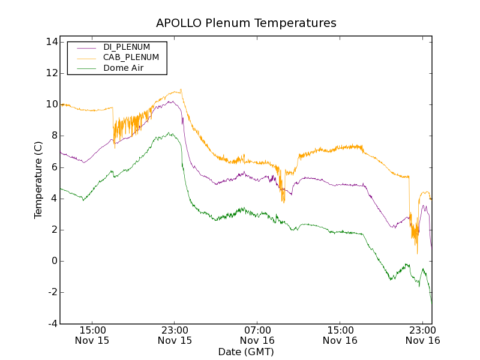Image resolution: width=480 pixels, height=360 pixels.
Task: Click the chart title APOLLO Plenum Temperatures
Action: point(246,23)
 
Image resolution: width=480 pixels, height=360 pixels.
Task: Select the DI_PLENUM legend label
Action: point(127,47)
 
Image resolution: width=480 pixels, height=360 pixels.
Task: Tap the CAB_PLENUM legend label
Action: point(131,58)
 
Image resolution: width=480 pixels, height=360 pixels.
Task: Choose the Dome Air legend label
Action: point(123,68)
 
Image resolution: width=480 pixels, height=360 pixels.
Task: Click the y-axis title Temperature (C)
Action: point(38,180)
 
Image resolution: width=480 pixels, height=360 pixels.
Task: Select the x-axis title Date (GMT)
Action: point(246,352)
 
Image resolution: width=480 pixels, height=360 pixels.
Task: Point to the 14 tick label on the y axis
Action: point(50,42)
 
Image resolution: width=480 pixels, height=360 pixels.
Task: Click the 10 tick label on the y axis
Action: point(50,104)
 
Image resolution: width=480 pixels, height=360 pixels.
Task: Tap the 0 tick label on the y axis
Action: point(53,261)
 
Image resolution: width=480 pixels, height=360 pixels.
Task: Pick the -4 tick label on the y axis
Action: point(51,324)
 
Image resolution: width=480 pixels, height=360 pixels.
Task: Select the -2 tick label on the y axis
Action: point(51,292)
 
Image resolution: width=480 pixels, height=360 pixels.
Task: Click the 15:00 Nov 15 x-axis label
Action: point(92,335)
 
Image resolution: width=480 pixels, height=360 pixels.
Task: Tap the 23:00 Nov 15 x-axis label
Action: point(175,335)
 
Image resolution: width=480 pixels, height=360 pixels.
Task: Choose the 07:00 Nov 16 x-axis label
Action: point(257,335)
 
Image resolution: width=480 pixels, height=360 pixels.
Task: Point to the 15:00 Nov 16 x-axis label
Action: point(340,335)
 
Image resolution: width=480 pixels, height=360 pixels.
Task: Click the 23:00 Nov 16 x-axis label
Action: point(422,335)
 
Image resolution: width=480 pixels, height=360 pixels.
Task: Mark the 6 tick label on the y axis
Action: point(53,167)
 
